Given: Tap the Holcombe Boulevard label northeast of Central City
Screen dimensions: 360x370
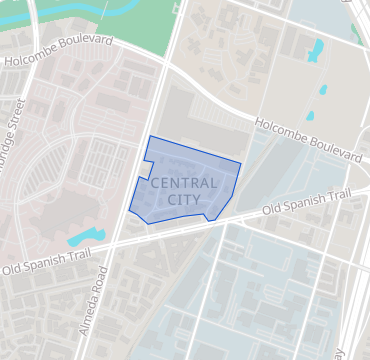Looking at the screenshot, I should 307,140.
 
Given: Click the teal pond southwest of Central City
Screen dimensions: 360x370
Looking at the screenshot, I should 85,237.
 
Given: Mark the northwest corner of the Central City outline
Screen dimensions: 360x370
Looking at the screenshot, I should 150,136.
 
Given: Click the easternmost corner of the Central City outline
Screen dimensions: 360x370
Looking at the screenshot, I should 242,161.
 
